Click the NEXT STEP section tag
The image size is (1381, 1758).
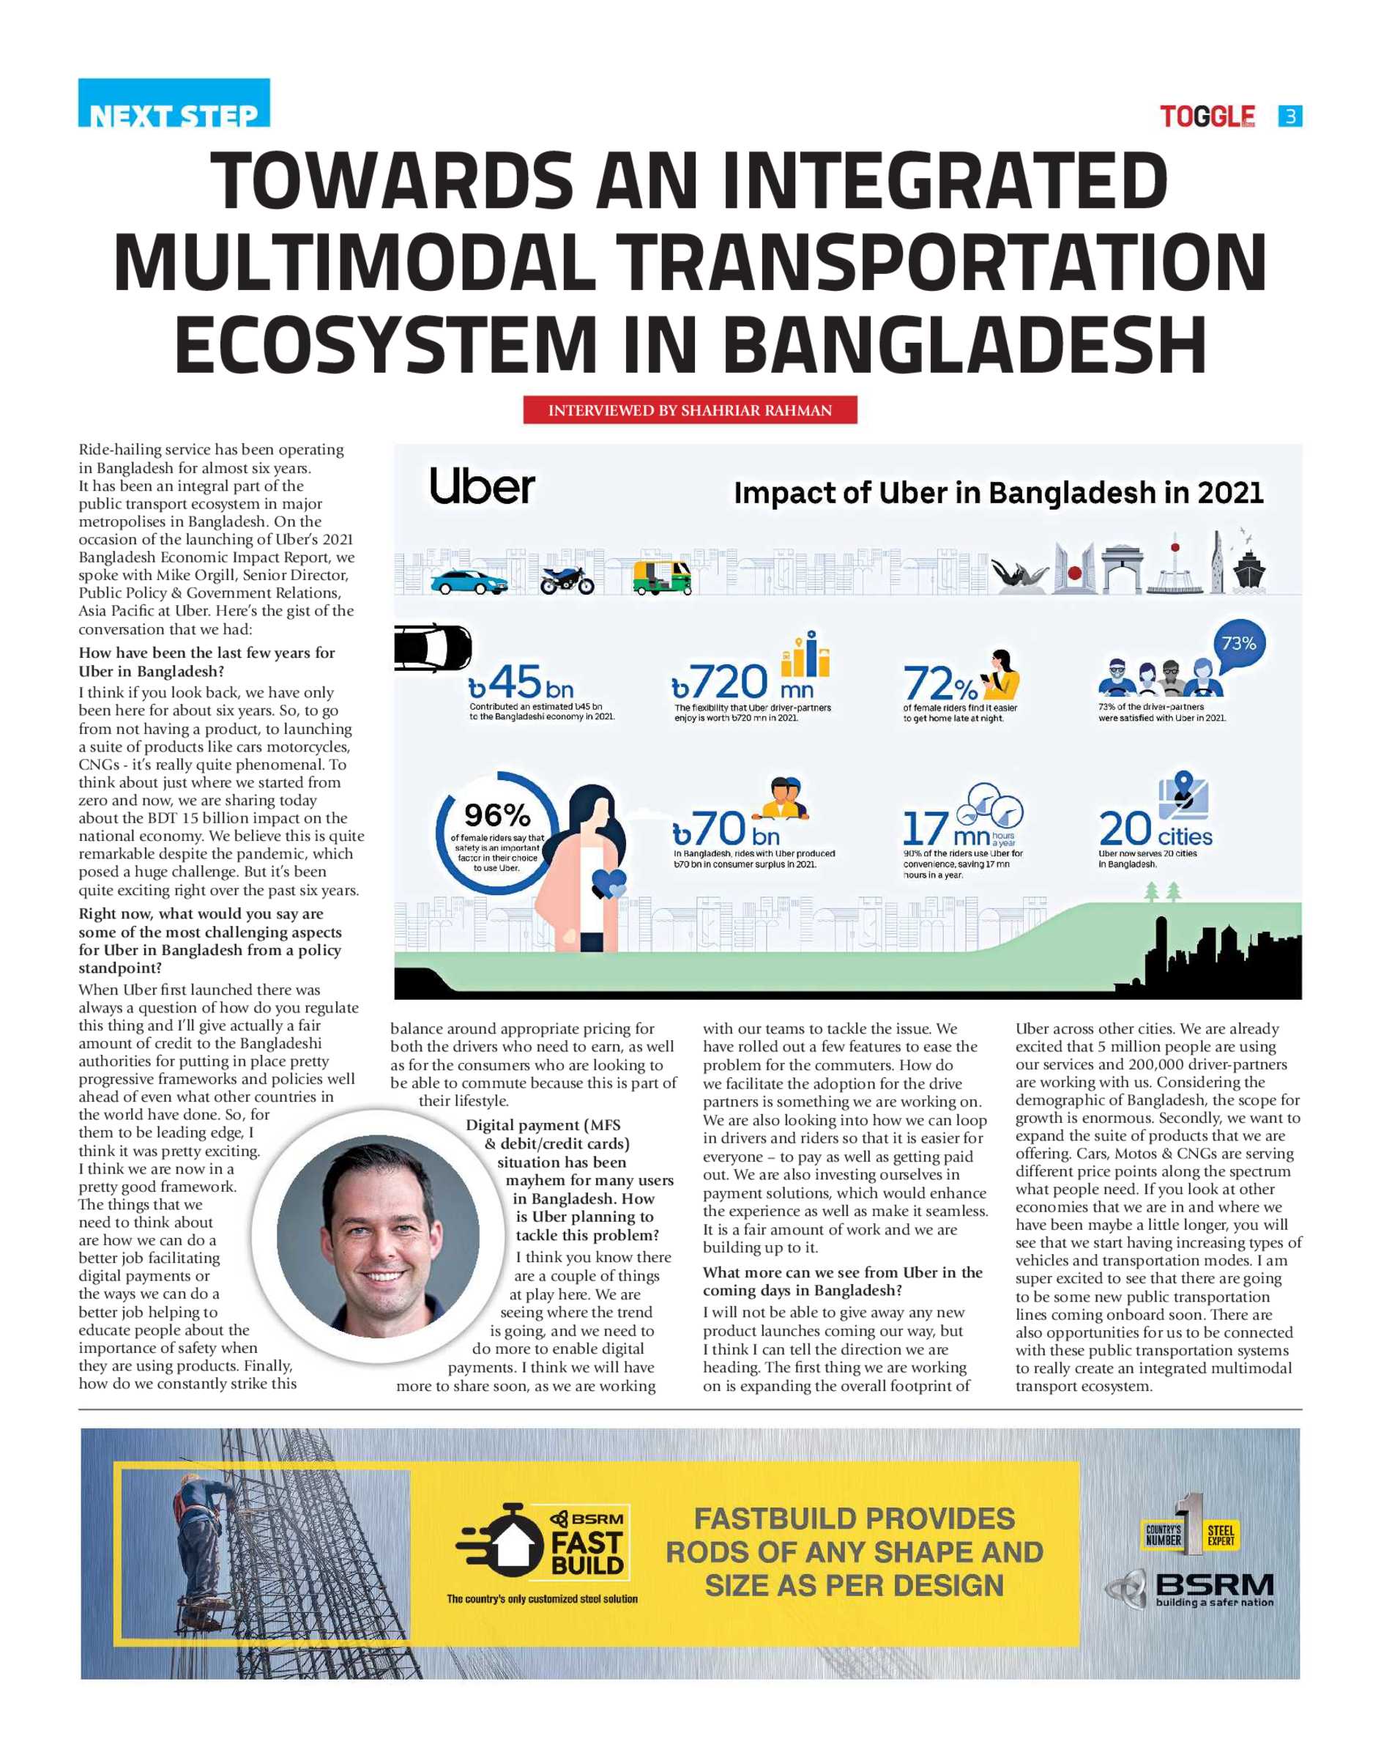(174, 105)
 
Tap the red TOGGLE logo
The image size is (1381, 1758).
(1207, 116)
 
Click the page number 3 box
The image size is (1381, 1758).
(1289, 116)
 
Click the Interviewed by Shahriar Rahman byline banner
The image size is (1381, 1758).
(690, 410)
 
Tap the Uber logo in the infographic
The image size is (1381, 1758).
(482, 487)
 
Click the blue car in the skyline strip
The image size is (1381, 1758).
(466, 582)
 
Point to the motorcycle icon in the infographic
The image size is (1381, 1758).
(567, 580)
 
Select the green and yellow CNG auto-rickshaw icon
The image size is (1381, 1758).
(661, 577)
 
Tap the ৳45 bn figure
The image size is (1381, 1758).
(521, 683)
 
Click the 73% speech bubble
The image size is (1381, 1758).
(1238, 644)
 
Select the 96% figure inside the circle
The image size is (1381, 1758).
(496, 815)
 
